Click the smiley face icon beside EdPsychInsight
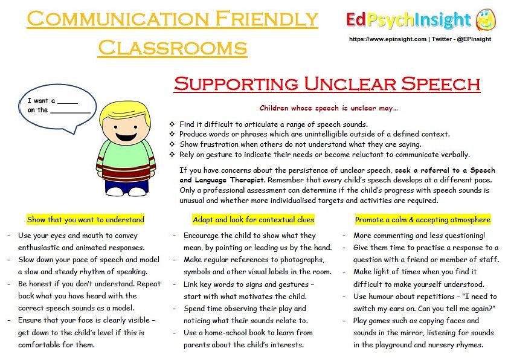coord(485,21)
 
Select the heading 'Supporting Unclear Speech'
coord(327,83)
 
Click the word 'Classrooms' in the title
coord(172,47)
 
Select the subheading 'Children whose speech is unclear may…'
coord(329,109)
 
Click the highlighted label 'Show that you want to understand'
coord(86,220)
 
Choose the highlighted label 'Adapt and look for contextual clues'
coord(254,220)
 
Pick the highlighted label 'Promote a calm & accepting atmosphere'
coord(423,220)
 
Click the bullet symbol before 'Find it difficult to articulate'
coord(172,124)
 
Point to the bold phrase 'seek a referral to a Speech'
coord(440,171)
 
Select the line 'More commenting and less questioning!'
coord(419,236)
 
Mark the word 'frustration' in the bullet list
coord(220,144)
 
